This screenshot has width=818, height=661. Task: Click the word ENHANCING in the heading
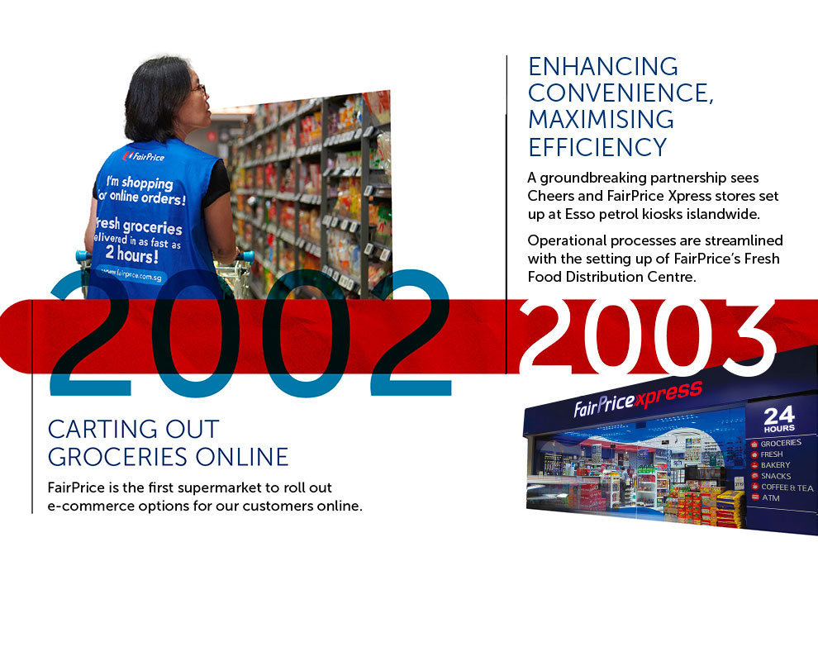(603, 67)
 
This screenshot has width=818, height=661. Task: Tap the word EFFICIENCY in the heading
(598, 147)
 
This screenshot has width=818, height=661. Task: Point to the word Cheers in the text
(547, 196)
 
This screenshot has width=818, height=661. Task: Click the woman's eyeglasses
(200, 90)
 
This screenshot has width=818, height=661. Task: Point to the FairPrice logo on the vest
(144, 156)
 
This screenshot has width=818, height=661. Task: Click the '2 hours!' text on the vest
(131, 254)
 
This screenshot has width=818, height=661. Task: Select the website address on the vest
(131, 273)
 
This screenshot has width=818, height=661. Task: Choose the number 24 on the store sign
(779, 416)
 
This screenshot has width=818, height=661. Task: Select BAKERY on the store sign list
(775, 465)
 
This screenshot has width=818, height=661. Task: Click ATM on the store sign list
(771, 497)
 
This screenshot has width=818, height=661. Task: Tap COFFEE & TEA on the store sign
(787, 487)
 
